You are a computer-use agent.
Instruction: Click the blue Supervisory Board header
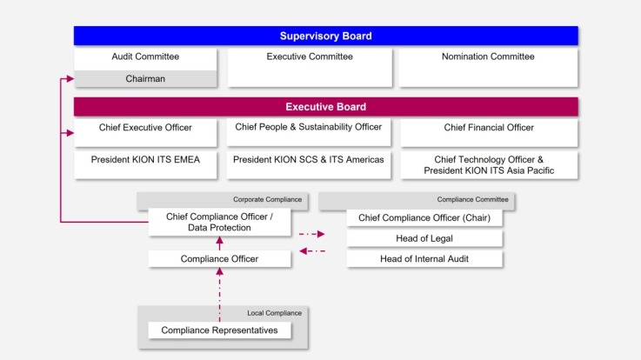(325, 36)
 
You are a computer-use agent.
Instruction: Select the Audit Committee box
(144, 57)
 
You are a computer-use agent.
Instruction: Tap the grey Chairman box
(144, 78)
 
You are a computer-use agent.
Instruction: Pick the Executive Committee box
(310, 57)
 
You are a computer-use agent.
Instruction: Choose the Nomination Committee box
(489, 57)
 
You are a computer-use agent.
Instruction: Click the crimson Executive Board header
(325, 107)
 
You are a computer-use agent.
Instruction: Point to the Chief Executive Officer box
(144, 128)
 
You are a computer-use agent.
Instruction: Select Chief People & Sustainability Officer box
(309, 128)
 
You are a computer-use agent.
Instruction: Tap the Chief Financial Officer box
(489, 128)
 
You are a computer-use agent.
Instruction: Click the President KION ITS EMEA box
(144, 160)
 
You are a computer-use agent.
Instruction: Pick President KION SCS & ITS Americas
(309, 160)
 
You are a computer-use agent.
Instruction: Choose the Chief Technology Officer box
(489, 165)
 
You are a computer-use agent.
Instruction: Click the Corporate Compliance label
(267, 200)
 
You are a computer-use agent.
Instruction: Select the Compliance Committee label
(472, 200)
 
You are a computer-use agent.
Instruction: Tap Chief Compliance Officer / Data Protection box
(218, 222)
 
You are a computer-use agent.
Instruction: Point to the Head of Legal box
(424, 238)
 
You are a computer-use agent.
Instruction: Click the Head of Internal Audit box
(424, 259)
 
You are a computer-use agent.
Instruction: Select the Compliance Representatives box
(219, 330)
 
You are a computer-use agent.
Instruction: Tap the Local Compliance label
(274, 312)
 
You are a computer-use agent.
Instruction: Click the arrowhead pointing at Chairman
(70, 79)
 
